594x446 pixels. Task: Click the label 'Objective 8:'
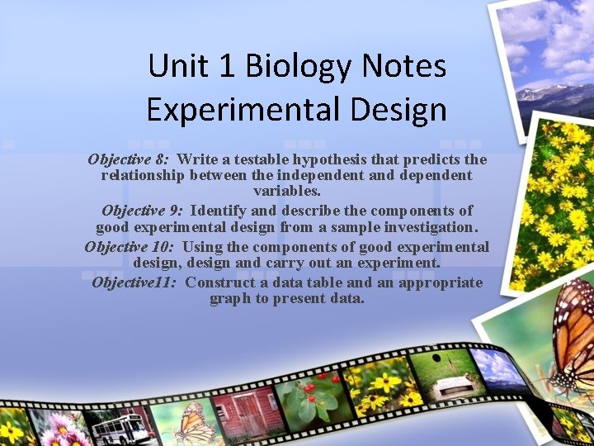129,159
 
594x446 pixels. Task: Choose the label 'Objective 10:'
130,246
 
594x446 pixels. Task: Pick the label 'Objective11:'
135,282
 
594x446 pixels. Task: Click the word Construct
219,282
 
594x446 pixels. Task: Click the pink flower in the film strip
59,428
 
